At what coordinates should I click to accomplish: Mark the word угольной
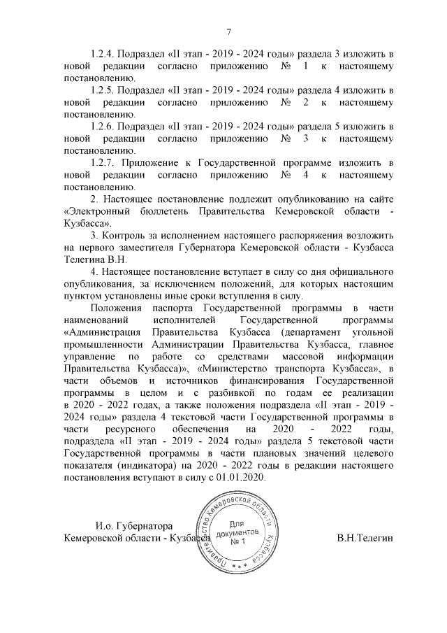(x=372, y=332)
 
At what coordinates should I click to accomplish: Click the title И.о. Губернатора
(x=133, y=525)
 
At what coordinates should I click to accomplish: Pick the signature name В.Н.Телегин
(x=365, y=538)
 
